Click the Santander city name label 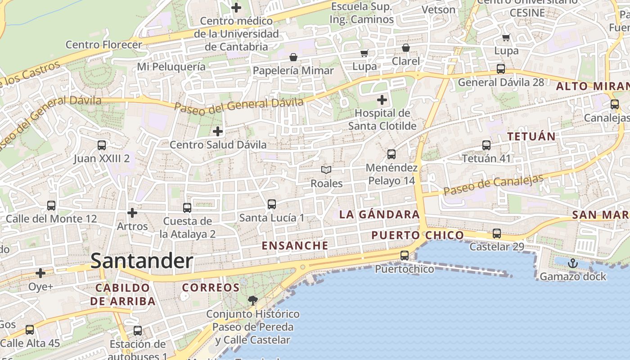pyautogui.click(x=142, y=261)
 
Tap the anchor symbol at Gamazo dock pyautogui.click(x=572, y=263)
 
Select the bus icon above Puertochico pyautogui.click(x=405, y=256)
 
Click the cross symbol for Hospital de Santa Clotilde pyautogui.click(x=382, y=99)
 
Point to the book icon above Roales pyautogui.click(x=326, y=170)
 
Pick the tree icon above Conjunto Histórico pyautogui.click(x=253, y=300)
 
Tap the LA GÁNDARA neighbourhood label pyautogui.click(x=379, y=215)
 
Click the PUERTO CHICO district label pyautogui.click(x=418, y=235)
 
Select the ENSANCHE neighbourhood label pyautogui.click(x=295, y=246)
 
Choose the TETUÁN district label pyautogui.click(x=531, y=136)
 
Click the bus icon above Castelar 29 pyautogui.click(x=497, y=234)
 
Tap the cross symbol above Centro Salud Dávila pyautogui.click(x=218, y=131)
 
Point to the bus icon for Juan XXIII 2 pyautogui.click(x=102, y=145)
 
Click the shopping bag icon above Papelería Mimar pyautogui.click(x=293, y=57)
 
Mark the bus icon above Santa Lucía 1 pyautogui.click(x=272, y=204)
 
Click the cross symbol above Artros pyautogui.click(x=132, y=212)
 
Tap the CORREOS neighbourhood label pyautogui.click(x=211, y=288)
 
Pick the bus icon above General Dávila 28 pyautogui.click(x=501, y=69)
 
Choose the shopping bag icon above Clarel pyautogui.click(x=406, y=48)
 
